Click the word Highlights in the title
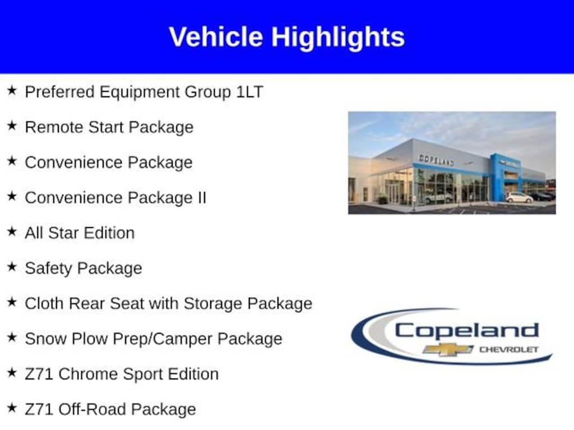(x=338, y=38)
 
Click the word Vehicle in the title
(x=216, y=37)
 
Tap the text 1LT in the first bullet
(x=249, y=91)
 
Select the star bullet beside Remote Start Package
(x=12, y=126)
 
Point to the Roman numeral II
(x=202, y=198)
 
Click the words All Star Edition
(x=80, y=233)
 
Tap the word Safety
(x=49, y=269)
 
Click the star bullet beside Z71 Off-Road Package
(x=12, y=408)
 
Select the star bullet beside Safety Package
(x=12, y=267)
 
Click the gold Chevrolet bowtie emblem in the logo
(x=448, y=349)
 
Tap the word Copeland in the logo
(x=467, y=331)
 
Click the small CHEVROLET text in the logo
(x=509, y=349)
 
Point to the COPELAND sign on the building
(x=436, y=160)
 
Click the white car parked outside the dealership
(x=519, y=198)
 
